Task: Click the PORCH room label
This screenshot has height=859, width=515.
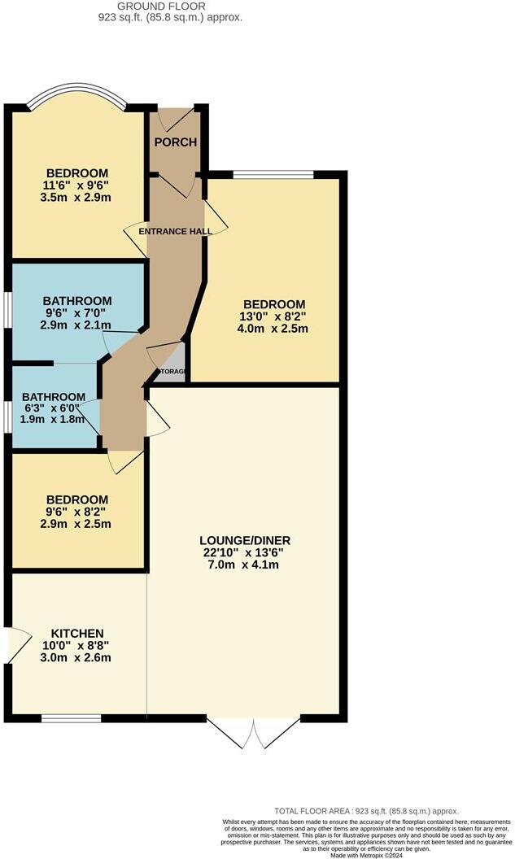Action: pos(175,142)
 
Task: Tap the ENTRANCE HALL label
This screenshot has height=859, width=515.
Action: pos(176,232)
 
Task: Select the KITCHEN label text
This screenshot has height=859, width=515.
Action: pos(77,634)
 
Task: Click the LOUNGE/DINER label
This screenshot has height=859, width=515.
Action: pos(245,540)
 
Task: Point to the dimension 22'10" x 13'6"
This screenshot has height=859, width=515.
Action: pos(245,552)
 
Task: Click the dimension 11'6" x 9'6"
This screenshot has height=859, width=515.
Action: pos(77,185)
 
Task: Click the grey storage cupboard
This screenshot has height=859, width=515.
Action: pos(172,361)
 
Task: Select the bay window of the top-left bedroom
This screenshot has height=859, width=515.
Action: pos(76,97)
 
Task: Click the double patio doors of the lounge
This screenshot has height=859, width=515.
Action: pos(254,731)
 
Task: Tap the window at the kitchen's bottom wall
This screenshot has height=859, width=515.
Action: pos(72,717)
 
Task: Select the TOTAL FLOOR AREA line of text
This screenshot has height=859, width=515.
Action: pos(366,811)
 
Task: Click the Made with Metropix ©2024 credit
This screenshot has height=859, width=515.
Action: pos(366,854)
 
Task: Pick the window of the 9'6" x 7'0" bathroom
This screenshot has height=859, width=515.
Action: pos(7,309)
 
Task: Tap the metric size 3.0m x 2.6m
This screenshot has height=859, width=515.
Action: pos(77,658)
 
